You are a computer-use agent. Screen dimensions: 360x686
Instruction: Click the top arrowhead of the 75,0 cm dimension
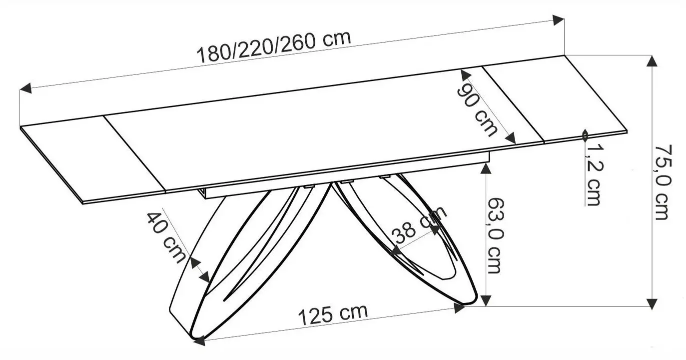click(x=651, y=60)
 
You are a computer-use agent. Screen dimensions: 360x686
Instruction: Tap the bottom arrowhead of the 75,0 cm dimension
click(x=651, y=302)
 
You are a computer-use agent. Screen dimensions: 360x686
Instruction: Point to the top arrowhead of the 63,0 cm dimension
click(x=485, y=168)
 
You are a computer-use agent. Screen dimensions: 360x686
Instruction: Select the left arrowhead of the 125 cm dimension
click(x=199, y=341)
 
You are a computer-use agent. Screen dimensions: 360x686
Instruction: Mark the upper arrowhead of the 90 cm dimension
click(x=464, y=75)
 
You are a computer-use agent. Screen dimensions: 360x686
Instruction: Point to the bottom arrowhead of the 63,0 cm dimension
click(x=485, y=300)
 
